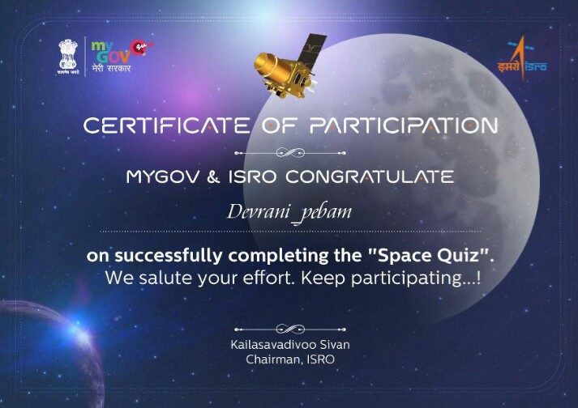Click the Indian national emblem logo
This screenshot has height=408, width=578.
[68, 57]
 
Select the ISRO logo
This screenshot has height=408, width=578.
[521, 58]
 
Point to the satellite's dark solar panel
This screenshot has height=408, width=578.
[312, 49]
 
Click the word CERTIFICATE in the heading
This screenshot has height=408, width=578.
[167, 125]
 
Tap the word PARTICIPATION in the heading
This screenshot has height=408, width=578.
[404, 125]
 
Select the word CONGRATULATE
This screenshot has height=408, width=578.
[370, 176]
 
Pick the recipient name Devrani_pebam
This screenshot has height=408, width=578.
[289, 213]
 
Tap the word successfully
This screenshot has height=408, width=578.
[169, 256]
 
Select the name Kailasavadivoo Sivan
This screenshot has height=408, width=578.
[290, 345]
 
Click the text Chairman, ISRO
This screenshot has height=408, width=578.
[290, 359]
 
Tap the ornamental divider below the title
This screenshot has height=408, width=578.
[290, 152]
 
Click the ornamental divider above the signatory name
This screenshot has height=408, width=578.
[290, 329]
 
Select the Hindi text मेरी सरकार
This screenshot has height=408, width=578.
[111, 69]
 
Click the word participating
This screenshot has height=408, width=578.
[407, 278]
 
